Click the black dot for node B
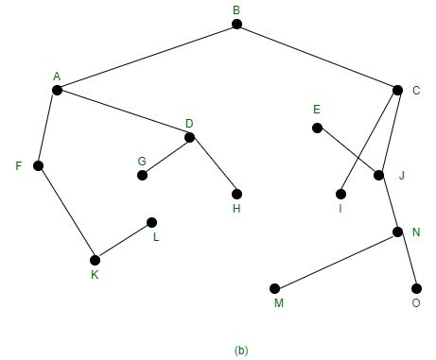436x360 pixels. [x=236, y=25]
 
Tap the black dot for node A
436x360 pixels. [x=57, y=91]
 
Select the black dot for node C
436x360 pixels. [x=397, y=90]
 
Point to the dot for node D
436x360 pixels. [x=189, y=138]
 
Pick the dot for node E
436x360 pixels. [x=317, y=128]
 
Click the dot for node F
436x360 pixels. [x=38, y=165]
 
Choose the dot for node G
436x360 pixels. [x=142, y=175]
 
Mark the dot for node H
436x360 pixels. [x=236, y=194]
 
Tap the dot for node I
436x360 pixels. [x=340, y=194]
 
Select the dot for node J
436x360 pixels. [x=378, y=175]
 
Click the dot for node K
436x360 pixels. [x=95, y=260]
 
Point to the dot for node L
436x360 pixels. [x=151, y=223]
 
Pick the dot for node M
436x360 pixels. [x=274, y=288]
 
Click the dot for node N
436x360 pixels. [x=397, y=231]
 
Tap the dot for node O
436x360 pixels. [x=416, y=288]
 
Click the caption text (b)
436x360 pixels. [x=241, y=351]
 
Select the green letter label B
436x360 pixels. [x=236, y=9]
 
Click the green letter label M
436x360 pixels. [x=278, y=303]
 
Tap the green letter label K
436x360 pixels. [x=95, y=275]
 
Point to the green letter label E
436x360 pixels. [x=317, y=110]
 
